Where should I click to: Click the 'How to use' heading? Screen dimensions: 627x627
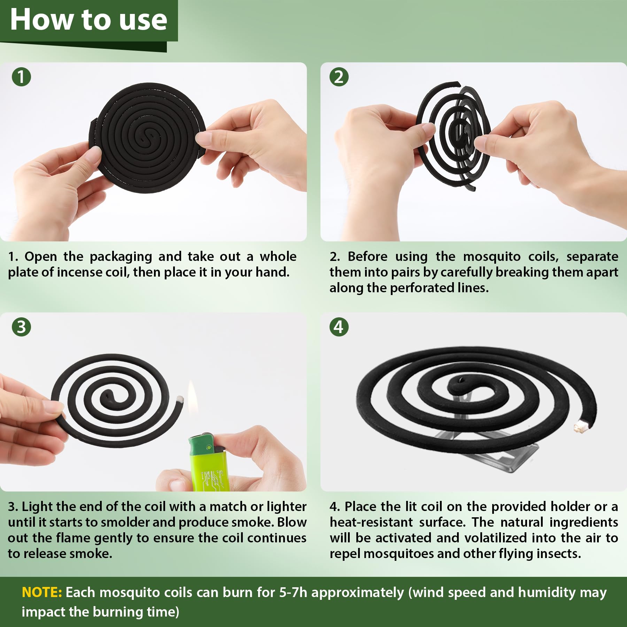88,20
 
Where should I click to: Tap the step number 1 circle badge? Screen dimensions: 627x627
21,77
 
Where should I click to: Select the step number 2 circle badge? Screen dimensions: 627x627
339,77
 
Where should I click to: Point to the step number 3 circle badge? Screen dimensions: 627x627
21,327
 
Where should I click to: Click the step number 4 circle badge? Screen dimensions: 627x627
339,327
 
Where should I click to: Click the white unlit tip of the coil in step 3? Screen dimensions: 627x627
180,399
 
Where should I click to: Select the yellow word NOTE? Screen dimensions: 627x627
42,592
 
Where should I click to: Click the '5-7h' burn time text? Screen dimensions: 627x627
293,592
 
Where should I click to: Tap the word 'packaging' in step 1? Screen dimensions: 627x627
121,257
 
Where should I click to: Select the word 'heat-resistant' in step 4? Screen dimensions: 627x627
371,522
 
